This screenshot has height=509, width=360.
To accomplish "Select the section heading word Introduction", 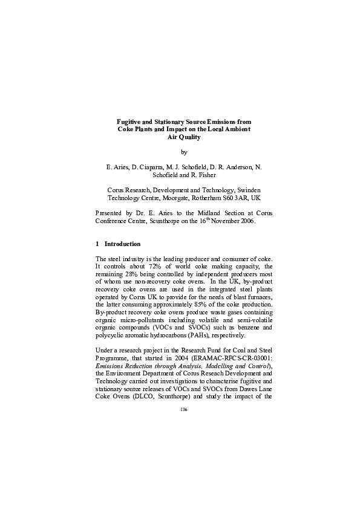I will (122, 244).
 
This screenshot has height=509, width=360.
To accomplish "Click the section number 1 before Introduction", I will (98, 244).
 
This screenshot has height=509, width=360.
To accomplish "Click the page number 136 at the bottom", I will (185, 410).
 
